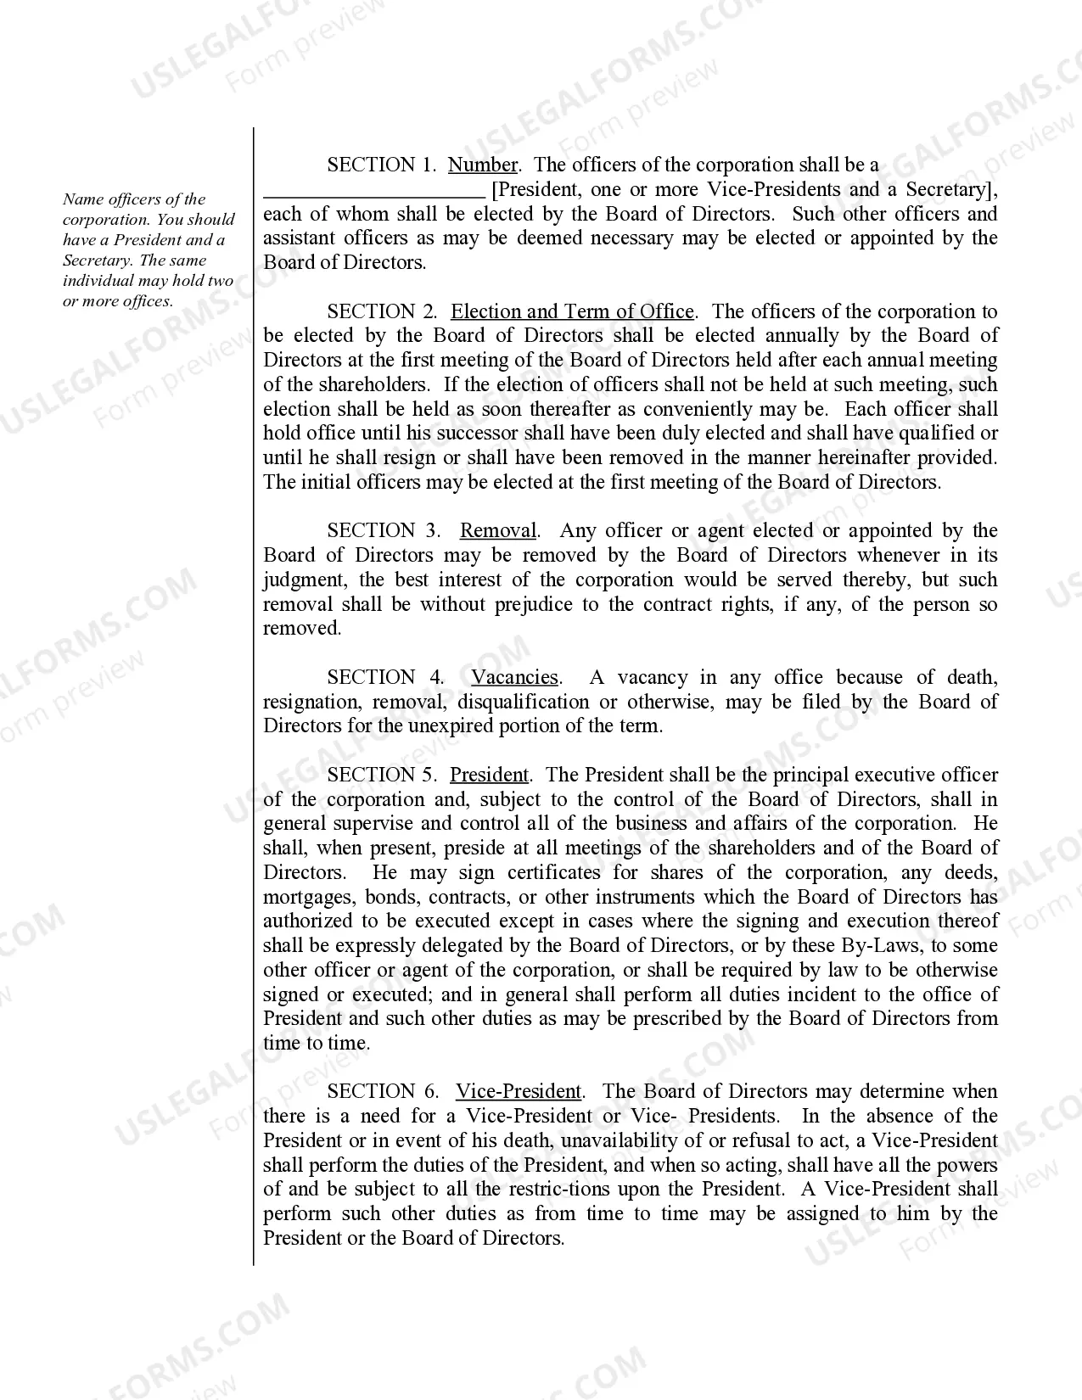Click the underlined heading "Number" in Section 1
(482, 165)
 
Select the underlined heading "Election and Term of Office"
(572, 311)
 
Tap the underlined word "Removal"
(498, 531)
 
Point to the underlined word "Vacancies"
(514, 678)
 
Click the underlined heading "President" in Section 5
(489, 776)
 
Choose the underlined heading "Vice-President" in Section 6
(519, 1092)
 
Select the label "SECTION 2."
(382, 311)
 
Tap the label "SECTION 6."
(383, 1092)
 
